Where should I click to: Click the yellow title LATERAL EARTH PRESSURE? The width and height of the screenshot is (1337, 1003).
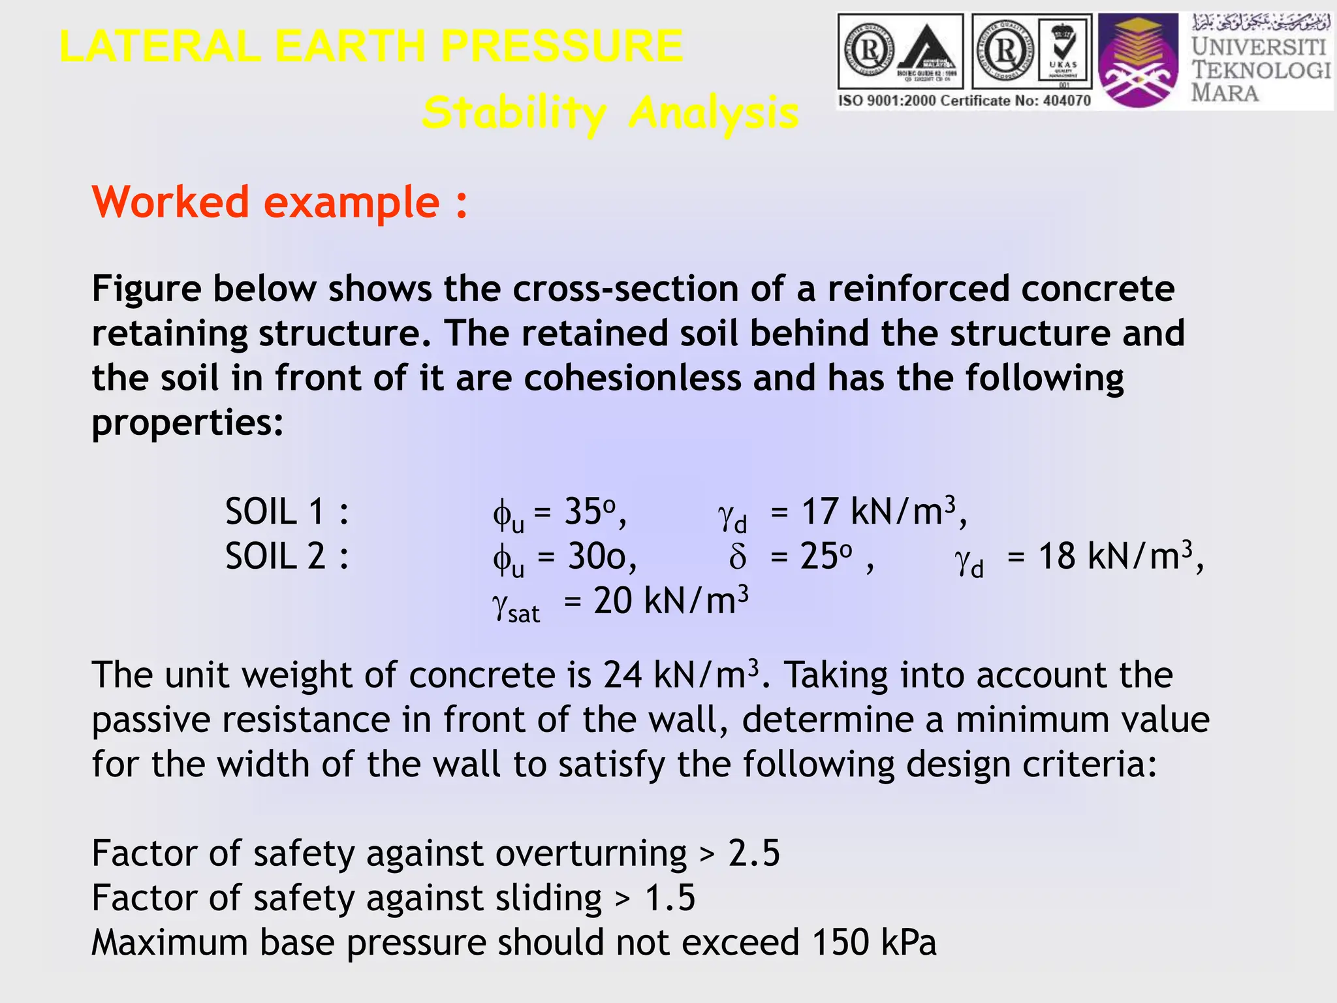tap(371, 46)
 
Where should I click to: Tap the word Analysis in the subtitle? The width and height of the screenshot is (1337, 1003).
tap(714, 113)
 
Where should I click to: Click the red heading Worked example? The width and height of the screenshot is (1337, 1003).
tap(279, 202)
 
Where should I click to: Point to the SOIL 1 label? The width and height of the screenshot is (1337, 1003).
tap(287, 511)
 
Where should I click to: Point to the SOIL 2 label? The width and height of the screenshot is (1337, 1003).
tap(287, 557)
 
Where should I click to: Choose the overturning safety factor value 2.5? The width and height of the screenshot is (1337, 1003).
tap(754, 853)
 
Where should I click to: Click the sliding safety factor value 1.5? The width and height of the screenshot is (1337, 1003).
tap(670, 898)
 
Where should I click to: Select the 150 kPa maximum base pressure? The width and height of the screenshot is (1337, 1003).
tap(874, 942)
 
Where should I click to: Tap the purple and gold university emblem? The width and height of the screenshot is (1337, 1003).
tap(1137, 61)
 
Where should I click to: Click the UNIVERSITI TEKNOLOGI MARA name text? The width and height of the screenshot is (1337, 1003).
tap(1260, 69)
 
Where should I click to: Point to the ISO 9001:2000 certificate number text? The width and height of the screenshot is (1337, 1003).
tap(964, 101)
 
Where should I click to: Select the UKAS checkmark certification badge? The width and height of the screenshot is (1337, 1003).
tap(1063, 51)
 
